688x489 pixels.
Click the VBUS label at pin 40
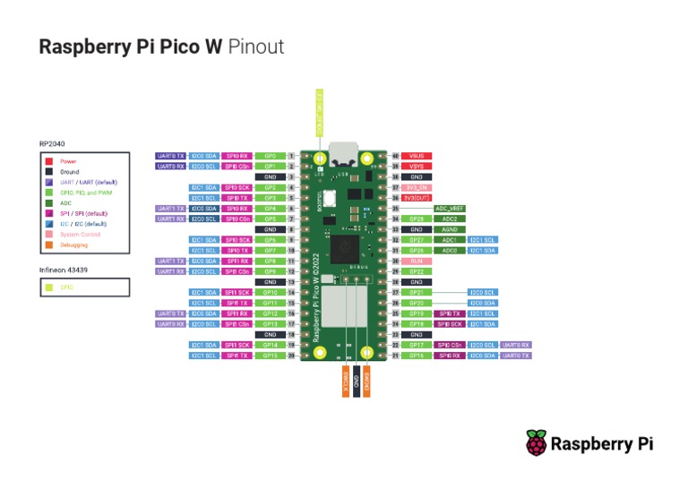pyautogui.click(x=417, y=156)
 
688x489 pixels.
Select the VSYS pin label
pyautogui.click(x=417, y=167)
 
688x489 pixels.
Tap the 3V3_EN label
pyautogui.click(x=417, y=187)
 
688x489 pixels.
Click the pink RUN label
pyautogui.click(x=417, y=261)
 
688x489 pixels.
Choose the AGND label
pyautogui.click(x=451, y=229)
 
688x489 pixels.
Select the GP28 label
pyautogui.click(x=417, y=219)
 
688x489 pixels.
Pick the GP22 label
pyautogui.click(x=417, y=271)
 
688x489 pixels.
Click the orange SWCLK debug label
pyautogui.click(x=345, y=381)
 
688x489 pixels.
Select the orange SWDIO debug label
pyautogui.click(x=367, y=381)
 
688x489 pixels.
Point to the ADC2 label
pyautogui.click(x=451, y=219)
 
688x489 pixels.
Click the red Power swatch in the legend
pyautogui.click(x=49, y=161)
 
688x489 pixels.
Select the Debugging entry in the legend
pyautogui.click(x=73, y=244)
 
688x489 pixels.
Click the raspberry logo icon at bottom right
pyautogui.click(x=536, y=442)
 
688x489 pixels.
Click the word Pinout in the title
pyautogui.click(x=256, y=47)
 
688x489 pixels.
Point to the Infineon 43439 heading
pyautogui.click(x=63, y=270)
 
